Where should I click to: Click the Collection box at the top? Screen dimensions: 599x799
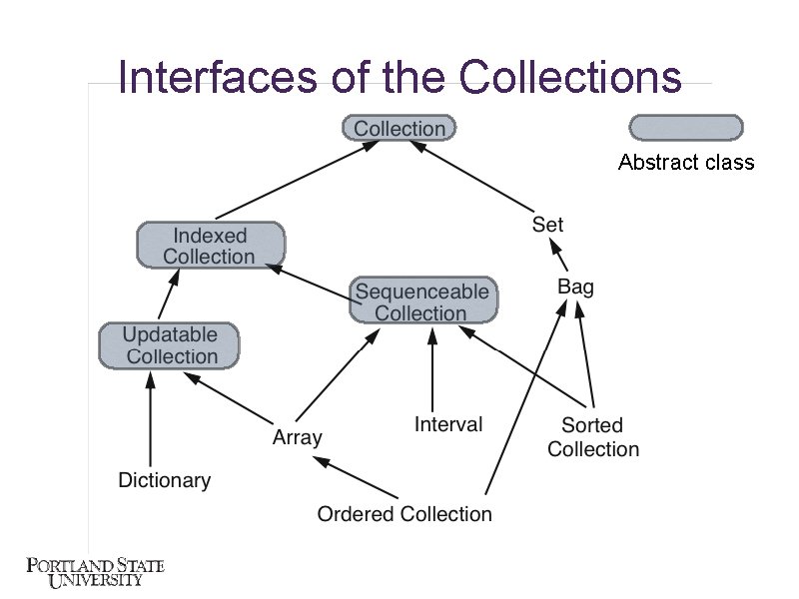[x=399, y=128]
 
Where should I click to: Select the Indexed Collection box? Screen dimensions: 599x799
[x=210, y=246]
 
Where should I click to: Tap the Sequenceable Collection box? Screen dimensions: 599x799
[x=422, y=301]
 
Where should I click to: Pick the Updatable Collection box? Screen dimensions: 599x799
[x=170, y=345]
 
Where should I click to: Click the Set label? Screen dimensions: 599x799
[x=547, y=225]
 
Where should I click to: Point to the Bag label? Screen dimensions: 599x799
[x=575, y=288]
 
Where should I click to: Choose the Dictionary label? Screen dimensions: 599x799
[x=164, y=480]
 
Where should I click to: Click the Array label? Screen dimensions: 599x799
[x=298, y=437]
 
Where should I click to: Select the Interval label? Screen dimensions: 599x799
[x=448, y=424]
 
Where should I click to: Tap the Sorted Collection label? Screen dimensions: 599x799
[x=593, y=437]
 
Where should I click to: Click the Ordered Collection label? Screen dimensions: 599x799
[x=404, y=514]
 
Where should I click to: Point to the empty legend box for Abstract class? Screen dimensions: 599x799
[x=685, y=128]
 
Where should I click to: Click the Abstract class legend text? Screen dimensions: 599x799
[x=686, y=162]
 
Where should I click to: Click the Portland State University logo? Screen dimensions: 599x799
[x=95, y=574]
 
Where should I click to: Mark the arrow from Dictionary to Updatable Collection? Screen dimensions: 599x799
[x=150, y=419]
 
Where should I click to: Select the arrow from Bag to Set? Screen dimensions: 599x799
[x=556, y=256]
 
